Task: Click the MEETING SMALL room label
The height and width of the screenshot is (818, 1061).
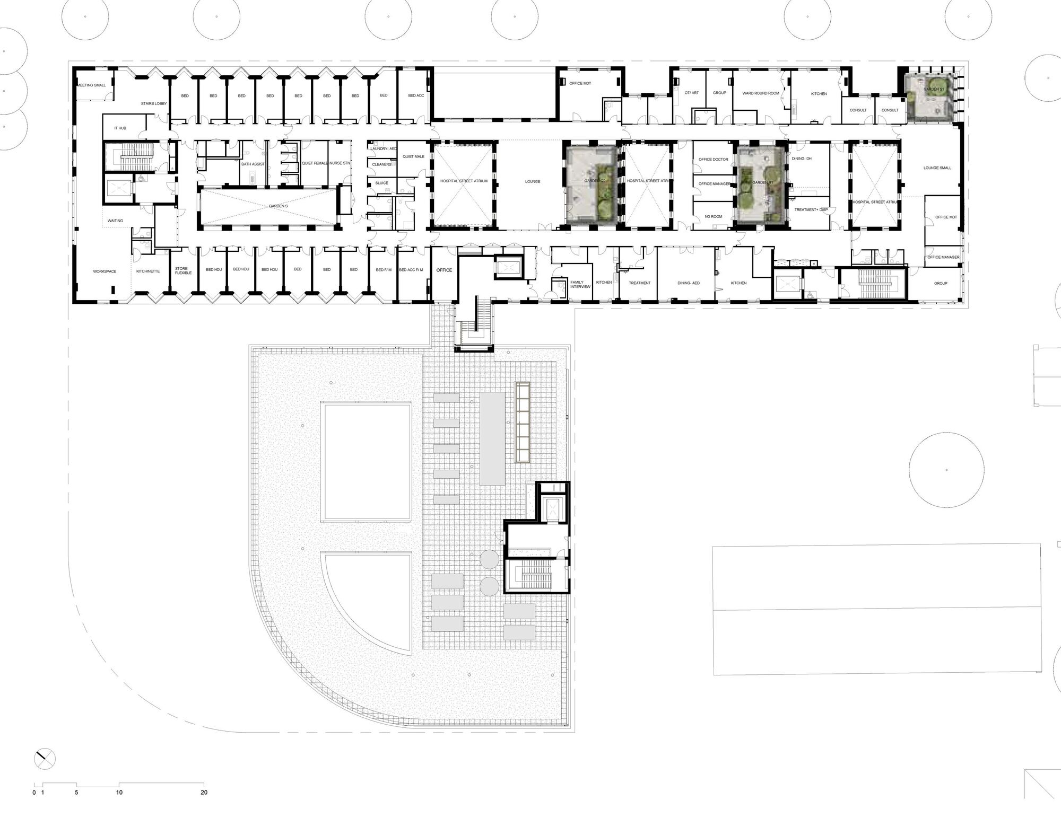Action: pyautogui.click(x=92, y=85)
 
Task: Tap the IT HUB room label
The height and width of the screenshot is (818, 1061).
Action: pyautogui.click(x=120, y=128)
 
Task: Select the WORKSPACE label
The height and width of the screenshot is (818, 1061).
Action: pyautogui.click(x=105, y=271)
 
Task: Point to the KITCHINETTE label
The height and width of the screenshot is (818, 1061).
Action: pyautogui.click(x=148, y=271)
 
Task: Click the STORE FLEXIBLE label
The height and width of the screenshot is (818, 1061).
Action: pyautogui.click(x=183, y=271)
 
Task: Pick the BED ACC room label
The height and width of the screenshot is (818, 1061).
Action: pyautogui.click(x=416, y=96)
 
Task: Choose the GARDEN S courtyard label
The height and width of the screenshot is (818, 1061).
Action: pyautogui.click(x=278, y=206)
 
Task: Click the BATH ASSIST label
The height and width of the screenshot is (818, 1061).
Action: pyautogui.click(x=253, y=164)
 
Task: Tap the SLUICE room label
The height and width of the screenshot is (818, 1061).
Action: pyautogui.click(x=382, y=183)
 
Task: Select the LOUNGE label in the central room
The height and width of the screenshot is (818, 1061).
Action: pyautogui.click(x=533, y=182)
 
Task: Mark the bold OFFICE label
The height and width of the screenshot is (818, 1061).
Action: pyautogui.click(x=444, y=270)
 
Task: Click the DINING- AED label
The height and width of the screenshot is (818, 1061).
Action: pyautogui.click(x=689, y=283)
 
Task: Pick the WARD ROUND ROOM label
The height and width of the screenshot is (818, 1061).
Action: pyautogui.click(x=761, y=93)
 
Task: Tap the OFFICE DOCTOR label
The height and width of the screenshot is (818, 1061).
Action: pyautogui.click(x=714, y=160)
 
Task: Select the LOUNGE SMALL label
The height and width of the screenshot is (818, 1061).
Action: pyautogui.click(x=937, y=168)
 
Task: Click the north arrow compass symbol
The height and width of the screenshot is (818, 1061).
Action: pyautogui.click(x=45, y=759)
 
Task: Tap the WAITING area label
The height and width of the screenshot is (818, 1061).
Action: pyautogui.click(x=115, y=221)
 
